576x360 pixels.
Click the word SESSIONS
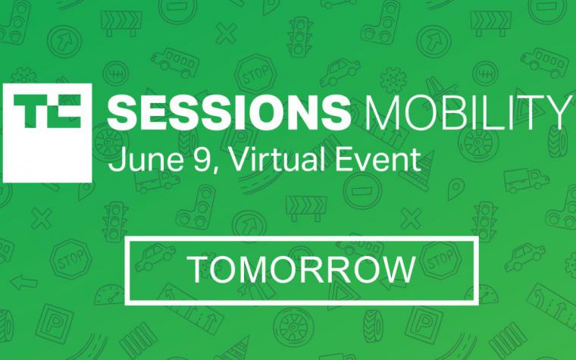(x=228, y=112)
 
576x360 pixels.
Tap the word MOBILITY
(x=466, y=112)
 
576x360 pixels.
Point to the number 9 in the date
(x=202, y=160)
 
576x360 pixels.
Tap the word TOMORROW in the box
(x=301, y=269)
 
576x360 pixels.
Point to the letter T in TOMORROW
(x=199, y=269)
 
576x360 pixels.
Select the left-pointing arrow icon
(x=24, y=283)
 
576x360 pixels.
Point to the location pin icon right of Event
(x=456, y=188)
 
